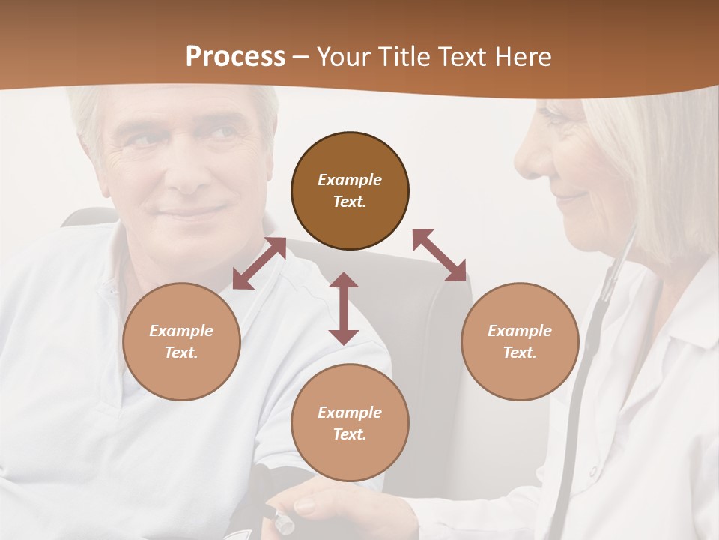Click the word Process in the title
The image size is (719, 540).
(235, 57)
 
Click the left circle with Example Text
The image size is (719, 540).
(181, 341)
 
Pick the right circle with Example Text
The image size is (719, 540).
(520, 341)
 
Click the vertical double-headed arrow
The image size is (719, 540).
(344, 308)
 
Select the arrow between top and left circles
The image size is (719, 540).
(259, 263)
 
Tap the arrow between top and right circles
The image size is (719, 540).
(439, 255)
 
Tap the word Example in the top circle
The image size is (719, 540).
(350, 180)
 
